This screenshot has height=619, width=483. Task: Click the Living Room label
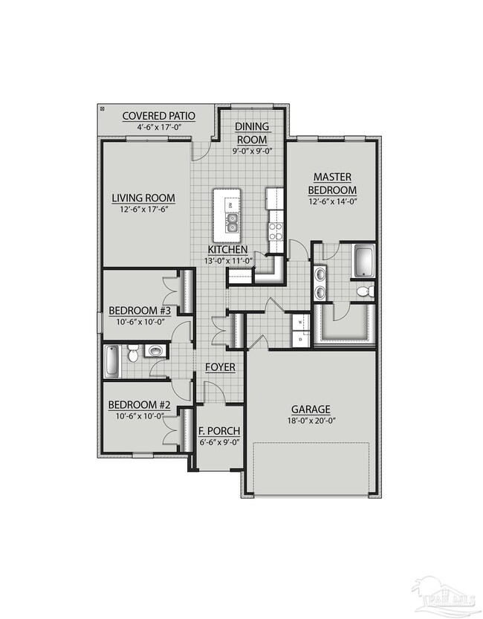coord(143,198)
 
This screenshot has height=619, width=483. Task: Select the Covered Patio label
coord(158,116)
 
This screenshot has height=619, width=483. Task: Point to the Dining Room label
coord(253,133)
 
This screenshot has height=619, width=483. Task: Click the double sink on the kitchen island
coord(232,219)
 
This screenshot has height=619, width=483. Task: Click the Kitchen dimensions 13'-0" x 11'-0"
coord(228,261)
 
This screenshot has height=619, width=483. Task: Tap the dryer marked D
coord(300,338)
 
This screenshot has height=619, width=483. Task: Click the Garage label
coord(311,409)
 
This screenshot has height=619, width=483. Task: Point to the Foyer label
coord(221,367)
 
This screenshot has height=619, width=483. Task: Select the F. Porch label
coord(218,431)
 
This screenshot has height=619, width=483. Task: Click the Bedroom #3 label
coord(140,311)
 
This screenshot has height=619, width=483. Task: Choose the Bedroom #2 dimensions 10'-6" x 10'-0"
coord(140,416)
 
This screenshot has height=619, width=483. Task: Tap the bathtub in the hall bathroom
coord(111,360)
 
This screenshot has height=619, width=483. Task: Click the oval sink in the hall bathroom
coord(156,351)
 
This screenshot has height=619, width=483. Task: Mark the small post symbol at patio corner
coord(102,108)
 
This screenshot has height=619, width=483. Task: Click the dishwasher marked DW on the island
coord(230,204)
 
